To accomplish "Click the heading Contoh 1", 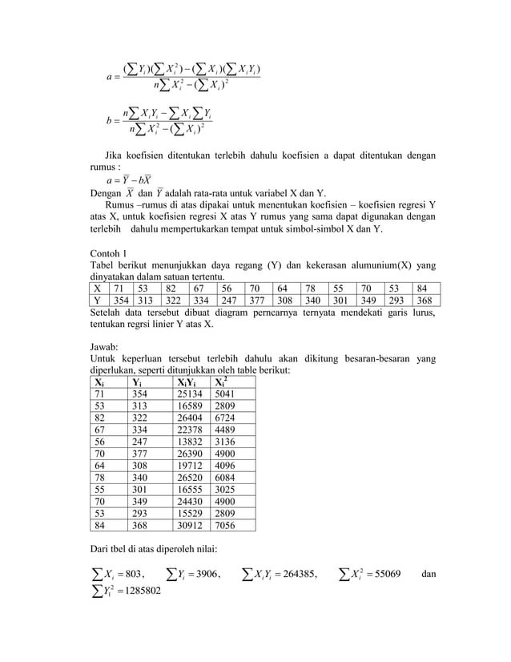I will (112, 255).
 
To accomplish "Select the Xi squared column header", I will (221, 381).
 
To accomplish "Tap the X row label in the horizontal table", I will (98, 288).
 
